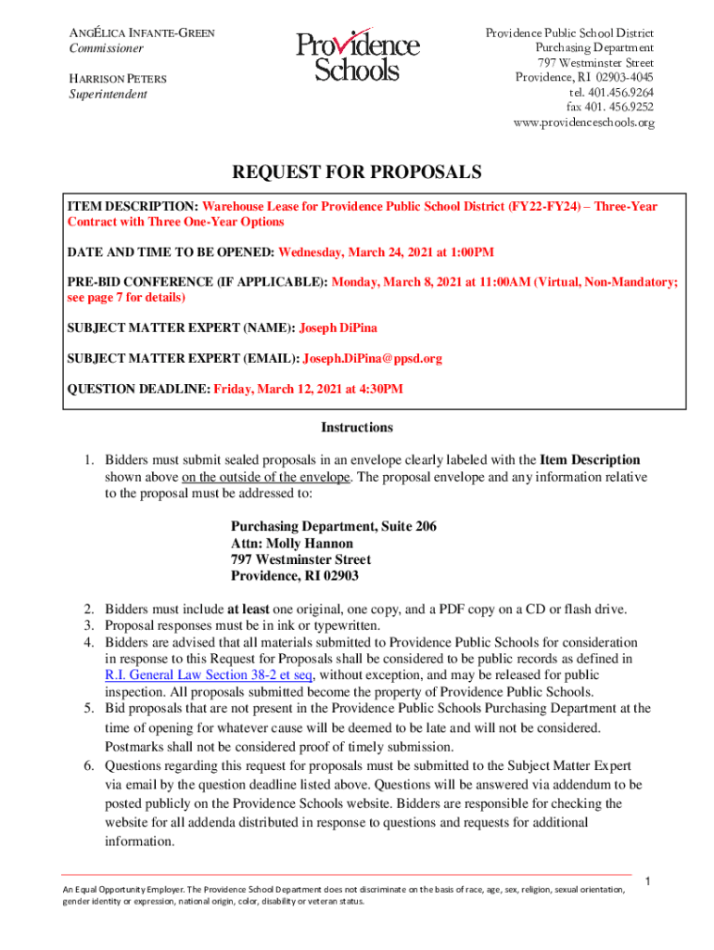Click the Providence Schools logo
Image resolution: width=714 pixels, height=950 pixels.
357,57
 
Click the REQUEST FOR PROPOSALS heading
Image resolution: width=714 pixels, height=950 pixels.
357,172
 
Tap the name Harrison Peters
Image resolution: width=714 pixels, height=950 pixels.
119,79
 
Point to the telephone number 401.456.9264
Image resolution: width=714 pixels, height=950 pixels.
611,93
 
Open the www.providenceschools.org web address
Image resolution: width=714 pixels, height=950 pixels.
583,122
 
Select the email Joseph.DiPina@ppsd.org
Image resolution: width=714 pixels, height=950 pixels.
373,358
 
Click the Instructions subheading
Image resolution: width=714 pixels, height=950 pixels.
357,428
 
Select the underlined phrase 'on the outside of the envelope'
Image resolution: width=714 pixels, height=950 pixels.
266,477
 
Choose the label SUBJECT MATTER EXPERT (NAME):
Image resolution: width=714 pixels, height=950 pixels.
181,327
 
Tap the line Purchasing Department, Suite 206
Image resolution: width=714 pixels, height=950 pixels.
334,527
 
